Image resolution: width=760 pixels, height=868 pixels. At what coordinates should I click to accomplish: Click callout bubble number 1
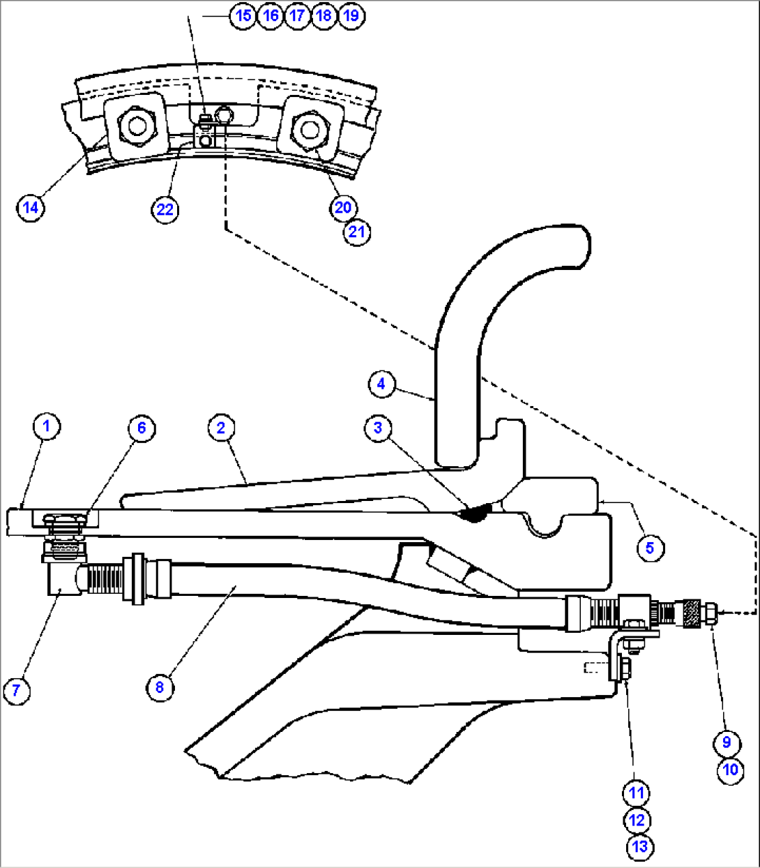pos(47,426)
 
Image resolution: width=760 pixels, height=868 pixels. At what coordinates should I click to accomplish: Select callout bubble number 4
pos(381,384)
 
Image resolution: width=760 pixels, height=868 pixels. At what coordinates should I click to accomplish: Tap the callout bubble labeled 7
pos(17,690)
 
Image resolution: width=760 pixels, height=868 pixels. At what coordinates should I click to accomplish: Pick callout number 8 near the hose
pos(160,687)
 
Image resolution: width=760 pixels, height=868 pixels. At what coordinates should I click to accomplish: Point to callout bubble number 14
pos(30,207)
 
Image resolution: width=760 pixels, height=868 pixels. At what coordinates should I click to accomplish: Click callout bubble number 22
pos(165,209)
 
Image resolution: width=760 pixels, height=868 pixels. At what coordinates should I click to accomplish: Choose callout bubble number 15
pos(243,15)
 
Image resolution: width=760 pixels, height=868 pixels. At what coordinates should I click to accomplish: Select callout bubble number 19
pos(351,15)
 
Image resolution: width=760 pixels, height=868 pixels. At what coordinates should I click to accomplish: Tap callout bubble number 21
pos(356,232)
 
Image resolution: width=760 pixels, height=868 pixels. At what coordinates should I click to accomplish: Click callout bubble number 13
pos(639,847)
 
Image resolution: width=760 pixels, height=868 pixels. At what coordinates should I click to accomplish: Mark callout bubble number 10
pos(730,769)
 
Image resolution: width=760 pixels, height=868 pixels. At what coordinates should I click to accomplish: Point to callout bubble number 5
pos(650,548)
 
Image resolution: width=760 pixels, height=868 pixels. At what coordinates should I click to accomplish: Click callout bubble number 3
pos(378,428)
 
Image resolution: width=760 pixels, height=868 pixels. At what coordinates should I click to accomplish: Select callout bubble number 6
pos(142,428)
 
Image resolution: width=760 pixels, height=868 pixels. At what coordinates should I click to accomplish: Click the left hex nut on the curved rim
pos(135,126)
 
